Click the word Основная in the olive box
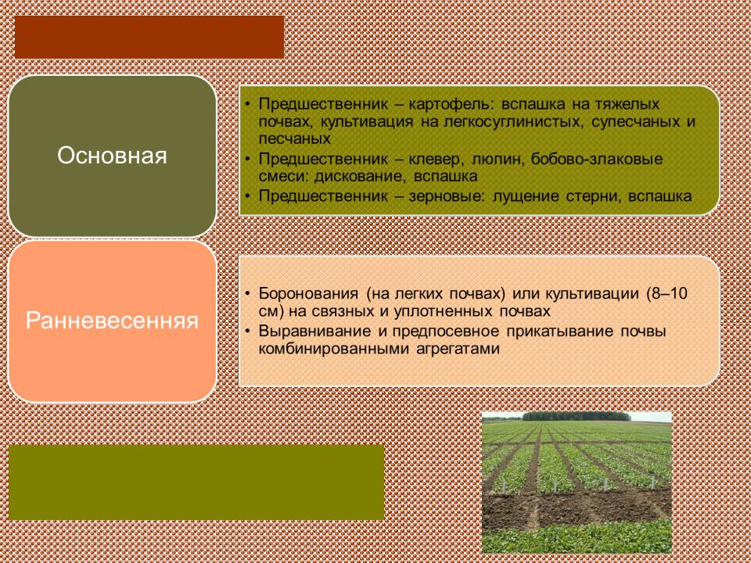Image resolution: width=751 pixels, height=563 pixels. click(x=112, y=156)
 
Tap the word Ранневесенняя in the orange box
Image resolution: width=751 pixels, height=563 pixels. click(x=112, y=321)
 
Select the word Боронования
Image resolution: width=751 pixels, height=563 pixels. click(x=308, y=293)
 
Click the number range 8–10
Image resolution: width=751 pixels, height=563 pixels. click(x=669, y=293)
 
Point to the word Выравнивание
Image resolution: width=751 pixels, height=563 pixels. click(x=314, y=332)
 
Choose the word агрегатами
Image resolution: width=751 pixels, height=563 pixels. click(x=458, y=349)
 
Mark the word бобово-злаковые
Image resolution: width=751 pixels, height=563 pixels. click(x=597, y=159)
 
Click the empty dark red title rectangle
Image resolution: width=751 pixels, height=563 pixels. click(x=149, y=37)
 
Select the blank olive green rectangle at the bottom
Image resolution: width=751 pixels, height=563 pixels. click(x=196, y=482)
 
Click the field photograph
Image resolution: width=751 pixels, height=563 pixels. click(x=577, y=482)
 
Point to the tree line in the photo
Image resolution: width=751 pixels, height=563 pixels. click(x=577, y=417)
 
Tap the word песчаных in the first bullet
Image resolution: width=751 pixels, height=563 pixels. click(x=295, y=139)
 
